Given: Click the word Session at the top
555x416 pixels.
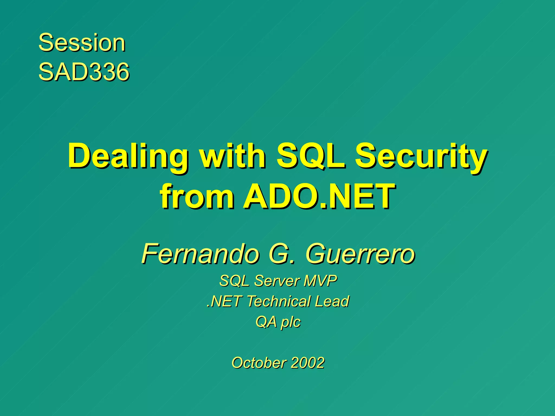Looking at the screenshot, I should click(x=82, y=43).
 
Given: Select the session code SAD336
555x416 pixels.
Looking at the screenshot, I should click(x=84, y=72).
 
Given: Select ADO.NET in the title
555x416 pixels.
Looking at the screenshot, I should click(x=319, y=196).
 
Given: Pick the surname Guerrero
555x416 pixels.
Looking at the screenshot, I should click(x=360, y=253).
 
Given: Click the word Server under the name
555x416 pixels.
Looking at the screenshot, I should click(x=277, y=281).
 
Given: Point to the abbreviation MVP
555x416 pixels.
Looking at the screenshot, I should click(x=321, y=281).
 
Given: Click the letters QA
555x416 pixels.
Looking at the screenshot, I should click(x=266, y=322).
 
